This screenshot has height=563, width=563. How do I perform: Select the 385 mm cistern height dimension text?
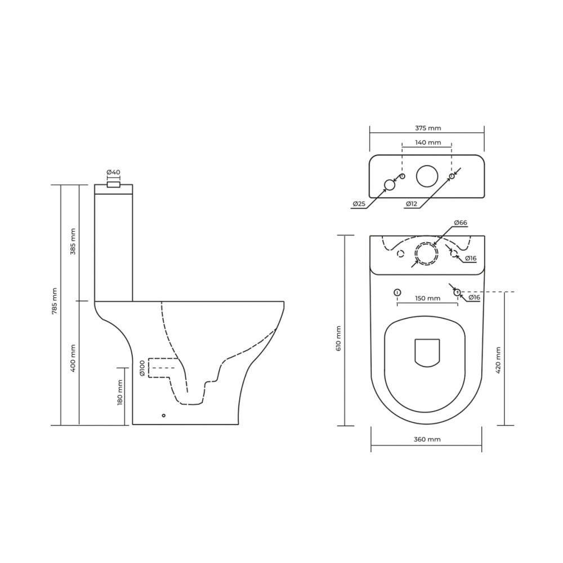(x=73, y=242)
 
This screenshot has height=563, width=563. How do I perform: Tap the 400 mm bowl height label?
(x=73, y=358)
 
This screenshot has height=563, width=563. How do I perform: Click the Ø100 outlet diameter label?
(x=142, y=369)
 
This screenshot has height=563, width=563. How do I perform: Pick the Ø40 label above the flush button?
(x=113, y=172)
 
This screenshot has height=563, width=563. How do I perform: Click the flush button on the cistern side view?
(x=114, y=184)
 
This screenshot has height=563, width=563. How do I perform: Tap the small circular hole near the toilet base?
(x=164, y=416)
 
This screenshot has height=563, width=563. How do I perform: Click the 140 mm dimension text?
(x=428, y=143)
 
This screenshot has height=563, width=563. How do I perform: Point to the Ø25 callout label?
(x=359, y=203)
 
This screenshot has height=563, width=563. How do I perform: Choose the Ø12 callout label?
(x=411, y=203)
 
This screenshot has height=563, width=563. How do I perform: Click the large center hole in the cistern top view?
(x=427, y=176)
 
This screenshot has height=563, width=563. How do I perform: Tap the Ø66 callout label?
(x=460, y=223)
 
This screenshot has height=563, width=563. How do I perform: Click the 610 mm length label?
(x=339, y=338)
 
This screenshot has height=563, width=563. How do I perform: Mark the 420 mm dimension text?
(x=498, y=360)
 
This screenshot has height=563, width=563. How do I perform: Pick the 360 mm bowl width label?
(x=427, y=439)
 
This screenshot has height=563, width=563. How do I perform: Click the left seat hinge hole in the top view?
(x=397, y=292)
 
